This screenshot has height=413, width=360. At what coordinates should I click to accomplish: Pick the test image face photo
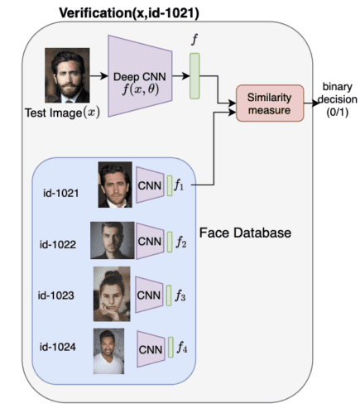67,78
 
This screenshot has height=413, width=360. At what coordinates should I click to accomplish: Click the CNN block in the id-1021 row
149,185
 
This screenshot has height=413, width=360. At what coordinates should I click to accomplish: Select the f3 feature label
181,295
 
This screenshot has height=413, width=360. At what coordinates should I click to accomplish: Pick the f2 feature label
181,243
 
